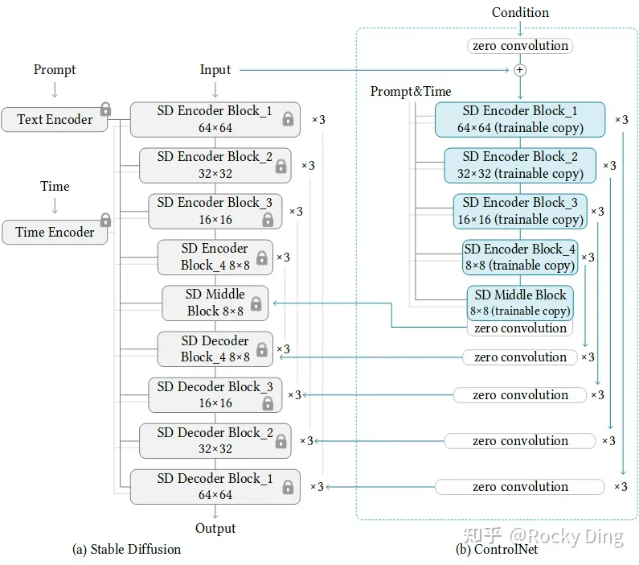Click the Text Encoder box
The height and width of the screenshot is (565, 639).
[55, 119]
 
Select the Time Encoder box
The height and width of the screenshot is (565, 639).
[55, 232]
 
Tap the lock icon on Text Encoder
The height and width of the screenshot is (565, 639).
[104, 109]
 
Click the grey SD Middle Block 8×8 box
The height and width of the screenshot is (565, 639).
[215, 303]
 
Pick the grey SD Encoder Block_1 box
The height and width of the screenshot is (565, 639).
[215, 119]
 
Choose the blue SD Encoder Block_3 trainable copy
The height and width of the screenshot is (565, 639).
[519, 211]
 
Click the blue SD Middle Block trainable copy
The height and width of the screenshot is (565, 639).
[521, 303]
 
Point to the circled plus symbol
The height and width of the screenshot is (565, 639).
[520, 70]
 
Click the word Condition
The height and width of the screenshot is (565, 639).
[520, 12]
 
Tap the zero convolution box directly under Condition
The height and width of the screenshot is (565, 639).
[520, 46]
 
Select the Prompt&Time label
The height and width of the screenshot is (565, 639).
[411, 91]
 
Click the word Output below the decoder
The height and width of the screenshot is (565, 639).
[215, 528]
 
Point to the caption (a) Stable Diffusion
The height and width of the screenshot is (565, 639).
[127, 549]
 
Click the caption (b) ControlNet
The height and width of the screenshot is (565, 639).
[497, 549]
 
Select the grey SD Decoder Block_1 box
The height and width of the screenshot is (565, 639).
[215, 487]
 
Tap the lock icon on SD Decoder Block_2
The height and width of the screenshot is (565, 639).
[281, 441]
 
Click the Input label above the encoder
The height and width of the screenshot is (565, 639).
[215, 70]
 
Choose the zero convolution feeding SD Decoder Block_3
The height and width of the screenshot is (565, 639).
[520, 395]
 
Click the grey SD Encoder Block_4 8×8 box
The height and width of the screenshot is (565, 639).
[215, 257]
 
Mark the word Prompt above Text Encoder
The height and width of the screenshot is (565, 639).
[55, 70]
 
